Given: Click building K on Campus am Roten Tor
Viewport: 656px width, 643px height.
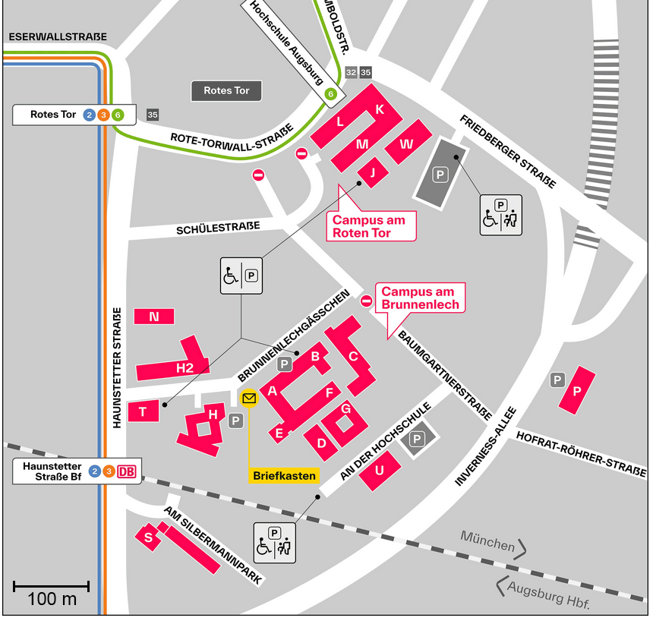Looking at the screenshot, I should tap(380, 109).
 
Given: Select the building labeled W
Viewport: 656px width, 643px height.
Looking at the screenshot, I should tap(407, 143).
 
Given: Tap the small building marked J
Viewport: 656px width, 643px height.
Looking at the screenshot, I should tap(372, 172).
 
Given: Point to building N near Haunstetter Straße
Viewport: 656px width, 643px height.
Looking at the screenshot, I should tap(154, 317).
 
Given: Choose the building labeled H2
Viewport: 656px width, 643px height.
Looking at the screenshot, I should tap(184, 368).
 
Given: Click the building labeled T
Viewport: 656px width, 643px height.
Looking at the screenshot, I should tap(143, 411).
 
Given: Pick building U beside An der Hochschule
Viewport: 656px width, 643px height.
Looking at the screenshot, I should tap(380, 470).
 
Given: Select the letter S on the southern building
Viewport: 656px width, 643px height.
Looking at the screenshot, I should tap(149, 537).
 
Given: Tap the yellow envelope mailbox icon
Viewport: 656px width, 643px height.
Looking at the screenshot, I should tap(249, 398).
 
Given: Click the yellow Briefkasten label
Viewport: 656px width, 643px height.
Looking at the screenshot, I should tap(284, 476).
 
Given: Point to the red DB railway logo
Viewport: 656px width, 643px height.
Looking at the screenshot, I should tap(128, 471).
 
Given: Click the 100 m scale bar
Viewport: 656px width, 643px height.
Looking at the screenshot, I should tap(52, 587).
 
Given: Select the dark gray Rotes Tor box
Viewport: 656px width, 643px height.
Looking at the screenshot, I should tap(226, 91).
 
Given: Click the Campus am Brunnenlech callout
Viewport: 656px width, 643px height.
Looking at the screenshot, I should tap(418, 298).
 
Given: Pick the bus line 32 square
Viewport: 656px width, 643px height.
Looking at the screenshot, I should tap(350, 72).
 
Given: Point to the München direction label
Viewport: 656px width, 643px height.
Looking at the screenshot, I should tap(487, 543).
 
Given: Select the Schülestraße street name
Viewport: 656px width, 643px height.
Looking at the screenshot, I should tap(218, 227).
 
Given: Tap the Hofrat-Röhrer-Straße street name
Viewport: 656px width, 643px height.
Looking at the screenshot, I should tap(581, 453).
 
